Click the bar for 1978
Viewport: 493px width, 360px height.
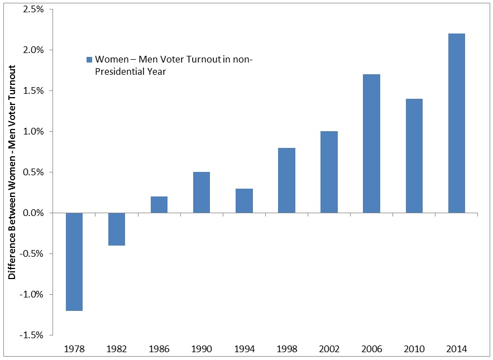pos(74,261)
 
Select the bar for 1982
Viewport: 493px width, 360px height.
pos(116,229)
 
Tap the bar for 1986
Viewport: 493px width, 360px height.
pos(159,205)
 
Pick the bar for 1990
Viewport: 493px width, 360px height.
pos(202,193)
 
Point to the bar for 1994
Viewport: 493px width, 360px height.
pos(244,201)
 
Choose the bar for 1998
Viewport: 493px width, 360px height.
pos(286,180)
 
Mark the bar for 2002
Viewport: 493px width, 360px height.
pos(329,172)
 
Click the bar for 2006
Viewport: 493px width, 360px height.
pos(371,143)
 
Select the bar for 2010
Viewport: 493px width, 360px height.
pos(414,156)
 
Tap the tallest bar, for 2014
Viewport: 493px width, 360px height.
pos(456,123)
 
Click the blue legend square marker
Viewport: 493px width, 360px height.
pos(89,60)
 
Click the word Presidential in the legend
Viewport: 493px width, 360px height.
pos(117,71)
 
